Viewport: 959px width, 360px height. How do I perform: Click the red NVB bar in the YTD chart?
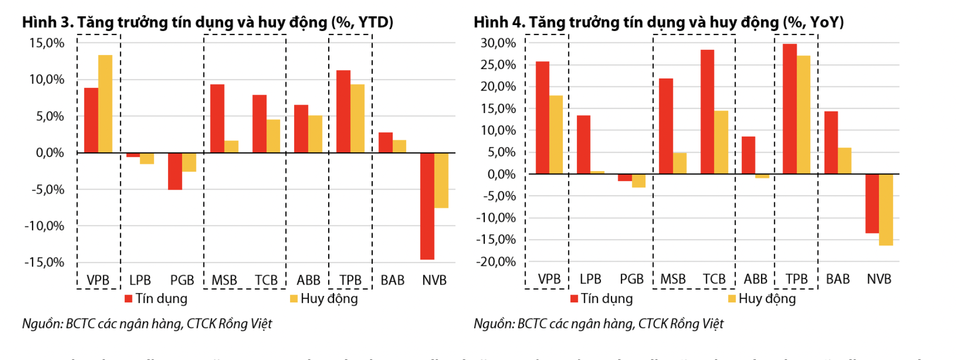coord(427,206)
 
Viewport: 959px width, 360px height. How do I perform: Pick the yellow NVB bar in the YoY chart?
coord(886,209)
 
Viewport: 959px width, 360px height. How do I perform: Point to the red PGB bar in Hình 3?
coord(175,171)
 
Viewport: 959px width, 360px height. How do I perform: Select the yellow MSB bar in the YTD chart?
coord(231,147)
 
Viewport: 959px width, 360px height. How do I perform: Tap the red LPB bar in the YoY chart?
coord(584,144)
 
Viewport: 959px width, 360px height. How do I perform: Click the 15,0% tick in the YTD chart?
coord(47,43)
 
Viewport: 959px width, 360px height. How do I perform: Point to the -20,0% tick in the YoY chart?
coord(495,262)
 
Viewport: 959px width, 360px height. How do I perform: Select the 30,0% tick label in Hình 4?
coord(498,43)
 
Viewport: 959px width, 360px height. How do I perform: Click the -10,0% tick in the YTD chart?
coord(44,226)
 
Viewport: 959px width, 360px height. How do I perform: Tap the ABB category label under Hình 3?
coord(308,280)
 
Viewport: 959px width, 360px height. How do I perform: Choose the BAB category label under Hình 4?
coord(838,279)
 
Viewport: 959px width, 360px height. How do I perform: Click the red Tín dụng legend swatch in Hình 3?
coord(128,299)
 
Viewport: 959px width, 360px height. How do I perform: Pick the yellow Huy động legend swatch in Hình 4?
coord(732,299)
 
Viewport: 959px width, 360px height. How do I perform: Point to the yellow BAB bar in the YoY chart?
coord(844,161)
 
